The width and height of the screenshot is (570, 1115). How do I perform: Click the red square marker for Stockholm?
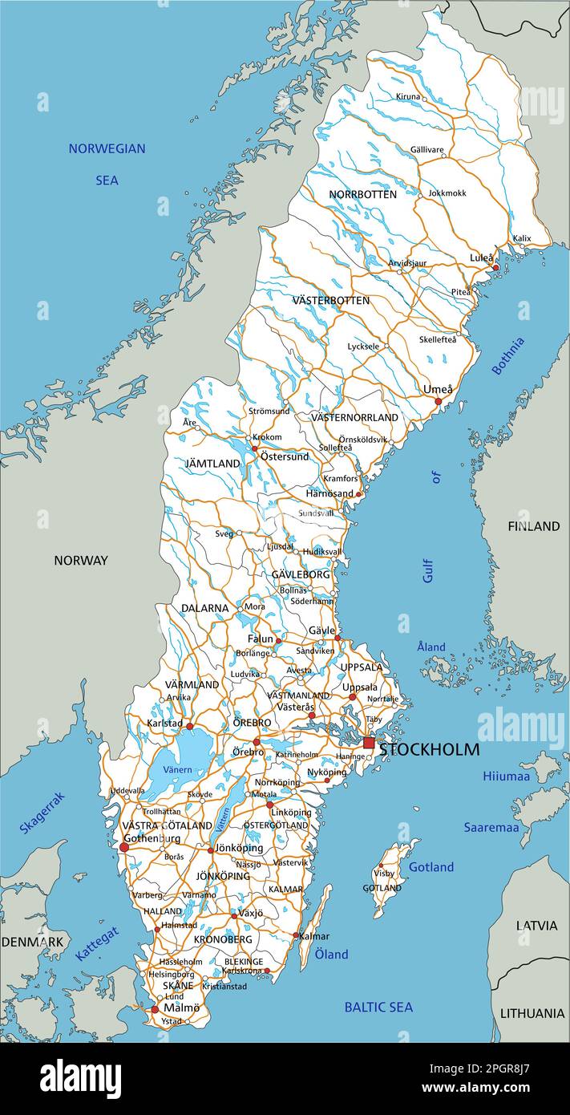pos(369,744)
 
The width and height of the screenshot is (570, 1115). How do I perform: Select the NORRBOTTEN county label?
pos(362,194)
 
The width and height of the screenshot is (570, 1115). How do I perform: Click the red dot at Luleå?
pos(495,267)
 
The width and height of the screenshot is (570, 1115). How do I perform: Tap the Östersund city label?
pos(284,456)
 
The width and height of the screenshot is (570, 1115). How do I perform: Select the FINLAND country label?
pos(533,526)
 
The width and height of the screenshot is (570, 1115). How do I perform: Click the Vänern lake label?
pos(177,769)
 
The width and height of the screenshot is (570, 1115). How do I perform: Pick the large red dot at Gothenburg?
pos(124,847)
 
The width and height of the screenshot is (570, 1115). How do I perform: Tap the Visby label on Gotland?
pos(385,873)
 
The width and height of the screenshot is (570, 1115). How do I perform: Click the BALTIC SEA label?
pos(378,1007)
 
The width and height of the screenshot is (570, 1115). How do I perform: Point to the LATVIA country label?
pos(536,925)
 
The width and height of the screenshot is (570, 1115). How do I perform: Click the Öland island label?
pos(331,954)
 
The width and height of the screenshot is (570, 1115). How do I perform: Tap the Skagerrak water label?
pos(42,813)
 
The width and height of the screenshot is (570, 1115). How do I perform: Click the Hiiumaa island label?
pos(506,776)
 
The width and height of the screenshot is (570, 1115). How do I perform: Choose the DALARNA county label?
pos(204,608)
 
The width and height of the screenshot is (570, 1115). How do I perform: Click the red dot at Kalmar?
pos(296,935)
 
